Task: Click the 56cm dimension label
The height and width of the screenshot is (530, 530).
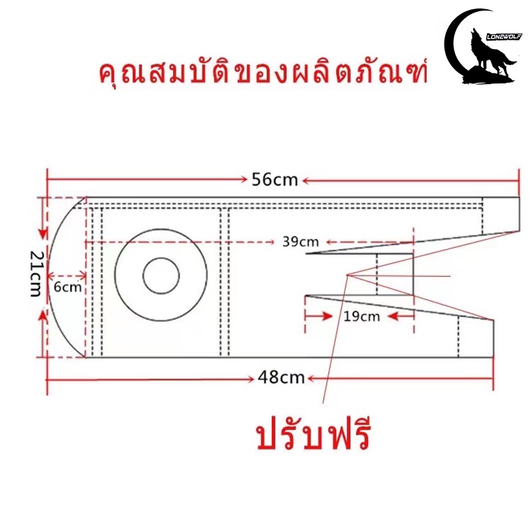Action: tap(275, 180)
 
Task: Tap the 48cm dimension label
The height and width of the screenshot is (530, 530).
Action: tap(281, 377)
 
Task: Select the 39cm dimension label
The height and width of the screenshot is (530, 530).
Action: tap(301, 242)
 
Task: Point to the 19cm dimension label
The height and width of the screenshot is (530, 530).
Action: tap(362, 317)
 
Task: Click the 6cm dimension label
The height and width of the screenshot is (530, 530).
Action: tap(68, 287)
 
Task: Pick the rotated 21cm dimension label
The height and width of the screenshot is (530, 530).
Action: tap(35, 274)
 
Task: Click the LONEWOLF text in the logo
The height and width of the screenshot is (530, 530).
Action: tap(504, 36)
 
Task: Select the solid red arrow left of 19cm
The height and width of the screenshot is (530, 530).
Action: tap(319, 317)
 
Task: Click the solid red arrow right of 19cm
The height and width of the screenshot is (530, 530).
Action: tap(401, 317)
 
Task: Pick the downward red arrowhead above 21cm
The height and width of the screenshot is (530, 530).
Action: tap(43, 234)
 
